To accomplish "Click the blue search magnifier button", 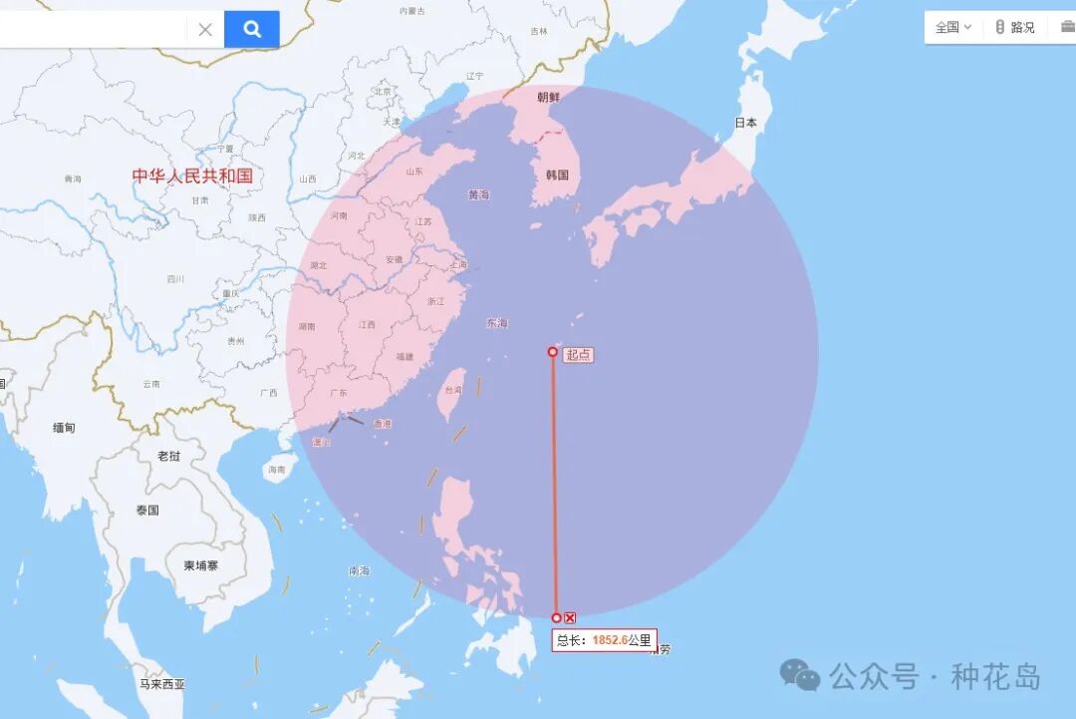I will point(252,29).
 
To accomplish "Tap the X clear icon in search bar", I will point(205,29).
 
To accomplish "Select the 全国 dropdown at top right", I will point(952,27).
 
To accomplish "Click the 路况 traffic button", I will point(1015,27).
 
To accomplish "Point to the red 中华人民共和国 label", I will point(192,176).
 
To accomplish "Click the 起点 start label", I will point(579,355).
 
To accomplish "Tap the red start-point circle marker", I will point(553,351).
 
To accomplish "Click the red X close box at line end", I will point(570,618).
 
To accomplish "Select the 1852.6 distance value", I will point(610,640).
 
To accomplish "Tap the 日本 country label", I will point(746,124).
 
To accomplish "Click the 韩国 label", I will point(557,176).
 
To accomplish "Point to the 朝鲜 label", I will point(549,98).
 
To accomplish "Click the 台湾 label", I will point(453,390).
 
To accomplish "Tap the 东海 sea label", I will point(496,323).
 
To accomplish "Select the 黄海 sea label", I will point(479,195).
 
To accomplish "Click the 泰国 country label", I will point(147,511).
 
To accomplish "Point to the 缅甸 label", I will point(64,428).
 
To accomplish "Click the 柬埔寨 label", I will point(200,565).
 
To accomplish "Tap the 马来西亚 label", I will point(162,684).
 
